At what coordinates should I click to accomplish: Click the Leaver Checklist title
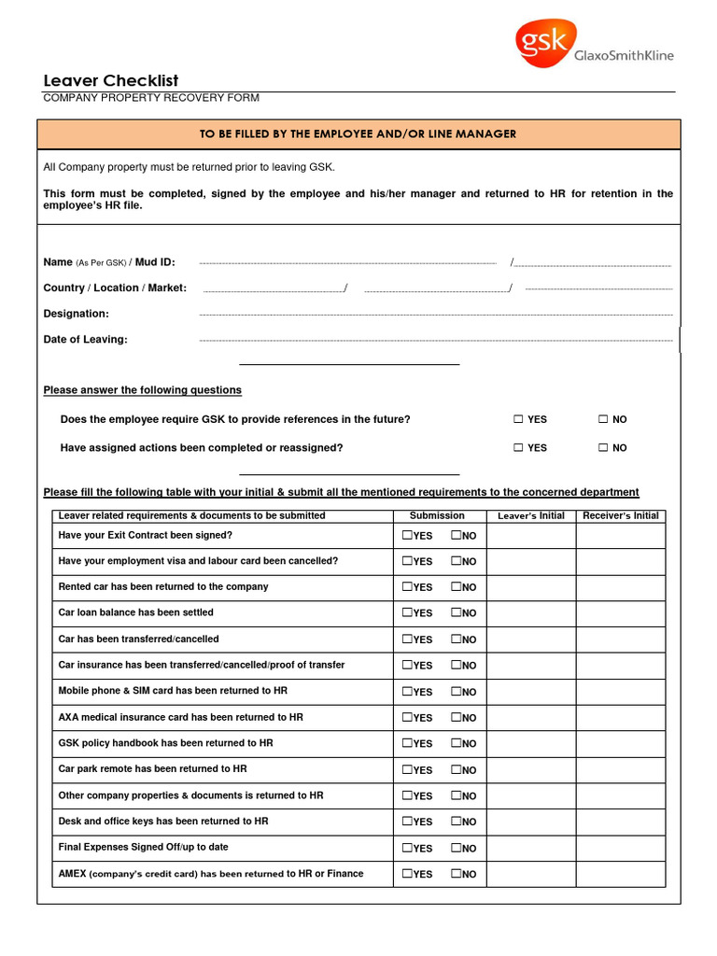point(111,81)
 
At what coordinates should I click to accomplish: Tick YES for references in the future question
point(518,420)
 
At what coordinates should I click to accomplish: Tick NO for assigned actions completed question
point(603,448)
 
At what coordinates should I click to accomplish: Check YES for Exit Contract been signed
point(408,536)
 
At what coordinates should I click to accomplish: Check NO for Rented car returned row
point(457,587)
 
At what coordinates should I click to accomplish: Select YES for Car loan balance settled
point(408,613)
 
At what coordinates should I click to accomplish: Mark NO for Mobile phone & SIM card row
point(457,692)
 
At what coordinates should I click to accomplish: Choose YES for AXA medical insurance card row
point(408,718)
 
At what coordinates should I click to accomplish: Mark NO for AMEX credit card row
point(457,874)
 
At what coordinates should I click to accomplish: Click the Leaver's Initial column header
point(531,516)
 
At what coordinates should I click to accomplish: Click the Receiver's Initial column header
point(620,515)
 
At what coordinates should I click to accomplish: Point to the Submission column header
point(437,515)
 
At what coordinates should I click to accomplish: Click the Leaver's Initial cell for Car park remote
point(531,770)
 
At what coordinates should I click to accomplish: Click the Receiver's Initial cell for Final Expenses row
point(620,848)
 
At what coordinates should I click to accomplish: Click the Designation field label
point(77,314)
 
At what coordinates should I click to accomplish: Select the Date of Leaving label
point(86,340)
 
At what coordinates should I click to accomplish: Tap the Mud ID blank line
point(593,264)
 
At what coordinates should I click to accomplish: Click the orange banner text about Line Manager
point(358,134)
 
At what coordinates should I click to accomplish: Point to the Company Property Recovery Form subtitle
point(151,98)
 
